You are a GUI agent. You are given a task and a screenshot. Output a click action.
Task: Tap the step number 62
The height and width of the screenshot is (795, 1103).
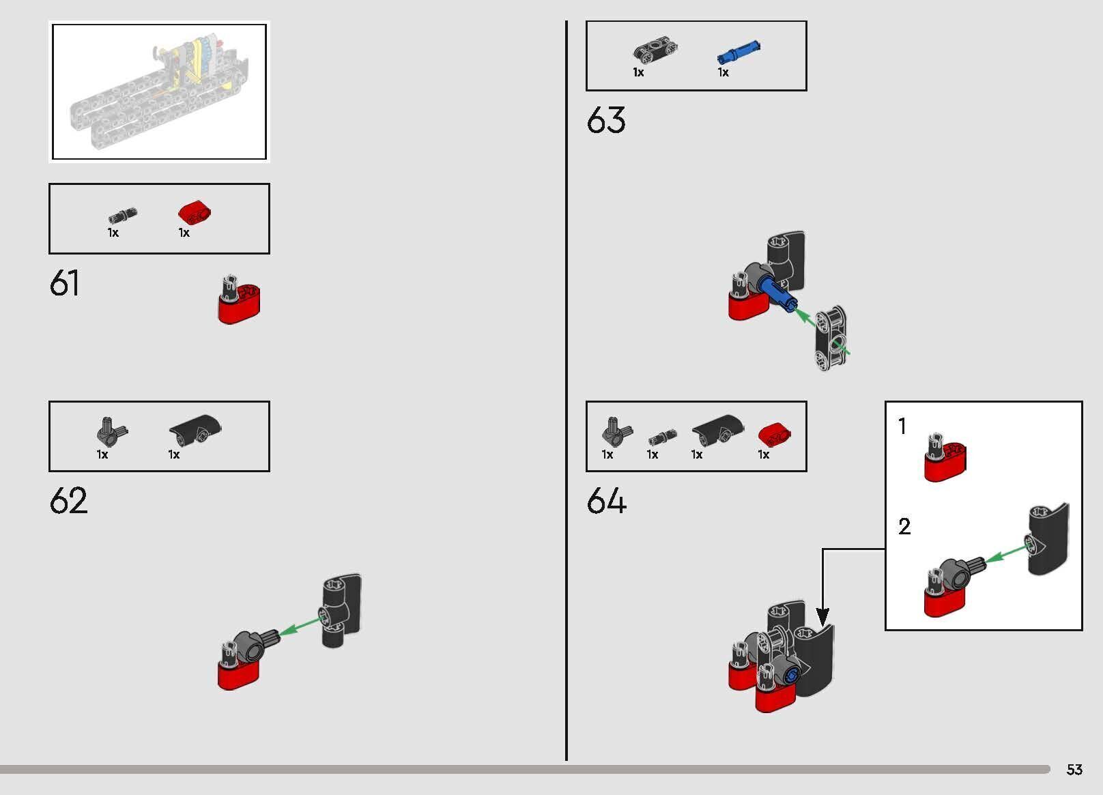click(x=68, y=500)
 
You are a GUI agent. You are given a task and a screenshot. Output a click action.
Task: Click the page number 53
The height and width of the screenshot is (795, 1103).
click(x=1074, y=769)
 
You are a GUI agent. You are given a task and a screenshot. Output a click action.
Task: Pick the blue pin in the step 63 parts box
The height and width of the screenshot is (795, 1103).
click(x=739, y=52)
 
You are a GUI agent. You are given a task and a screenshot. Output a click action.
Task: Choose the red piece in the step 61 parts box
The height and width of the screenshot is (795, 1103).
click(x=195, y=212)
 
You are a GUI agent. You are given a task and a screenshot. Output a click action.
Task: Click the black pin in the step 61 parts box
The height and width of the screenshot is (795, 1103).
click(x=123, y=216)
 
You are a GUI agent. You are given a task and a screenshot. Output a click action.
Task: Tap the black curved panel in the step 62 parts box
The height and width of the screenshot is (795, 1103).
click(x=195, y=429)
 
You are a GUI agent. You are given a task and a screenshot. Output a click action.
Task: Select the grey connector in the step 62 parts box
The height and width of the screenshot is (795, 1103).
click(x=112, y=432)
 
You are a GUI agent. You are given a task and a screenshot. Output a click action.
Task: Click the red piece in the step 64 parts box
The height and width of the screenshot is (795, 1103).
click(x=775, y=434)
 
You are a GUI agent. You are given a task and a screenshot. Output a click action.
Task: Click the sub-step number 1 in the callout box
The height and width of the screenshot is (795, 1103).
click(x=902, y=426)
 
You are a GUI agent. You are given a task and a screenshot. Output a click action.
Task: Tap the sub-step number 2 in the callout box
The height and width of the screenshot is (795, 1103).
click(x=904, y=526)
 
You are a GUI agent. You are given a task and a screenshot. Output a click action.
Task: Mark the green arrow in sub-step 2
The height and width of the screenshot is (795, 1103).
click(x=1008, y=553)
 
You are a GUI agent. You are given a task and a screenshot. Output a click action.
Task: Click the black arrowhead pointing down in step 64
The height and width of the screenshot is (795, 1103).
click(x=822, y=617)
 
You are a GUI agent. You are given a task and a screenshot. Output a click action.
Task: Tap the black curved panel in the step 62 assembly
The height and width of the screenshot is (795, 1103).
click(x=342, y=610)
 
